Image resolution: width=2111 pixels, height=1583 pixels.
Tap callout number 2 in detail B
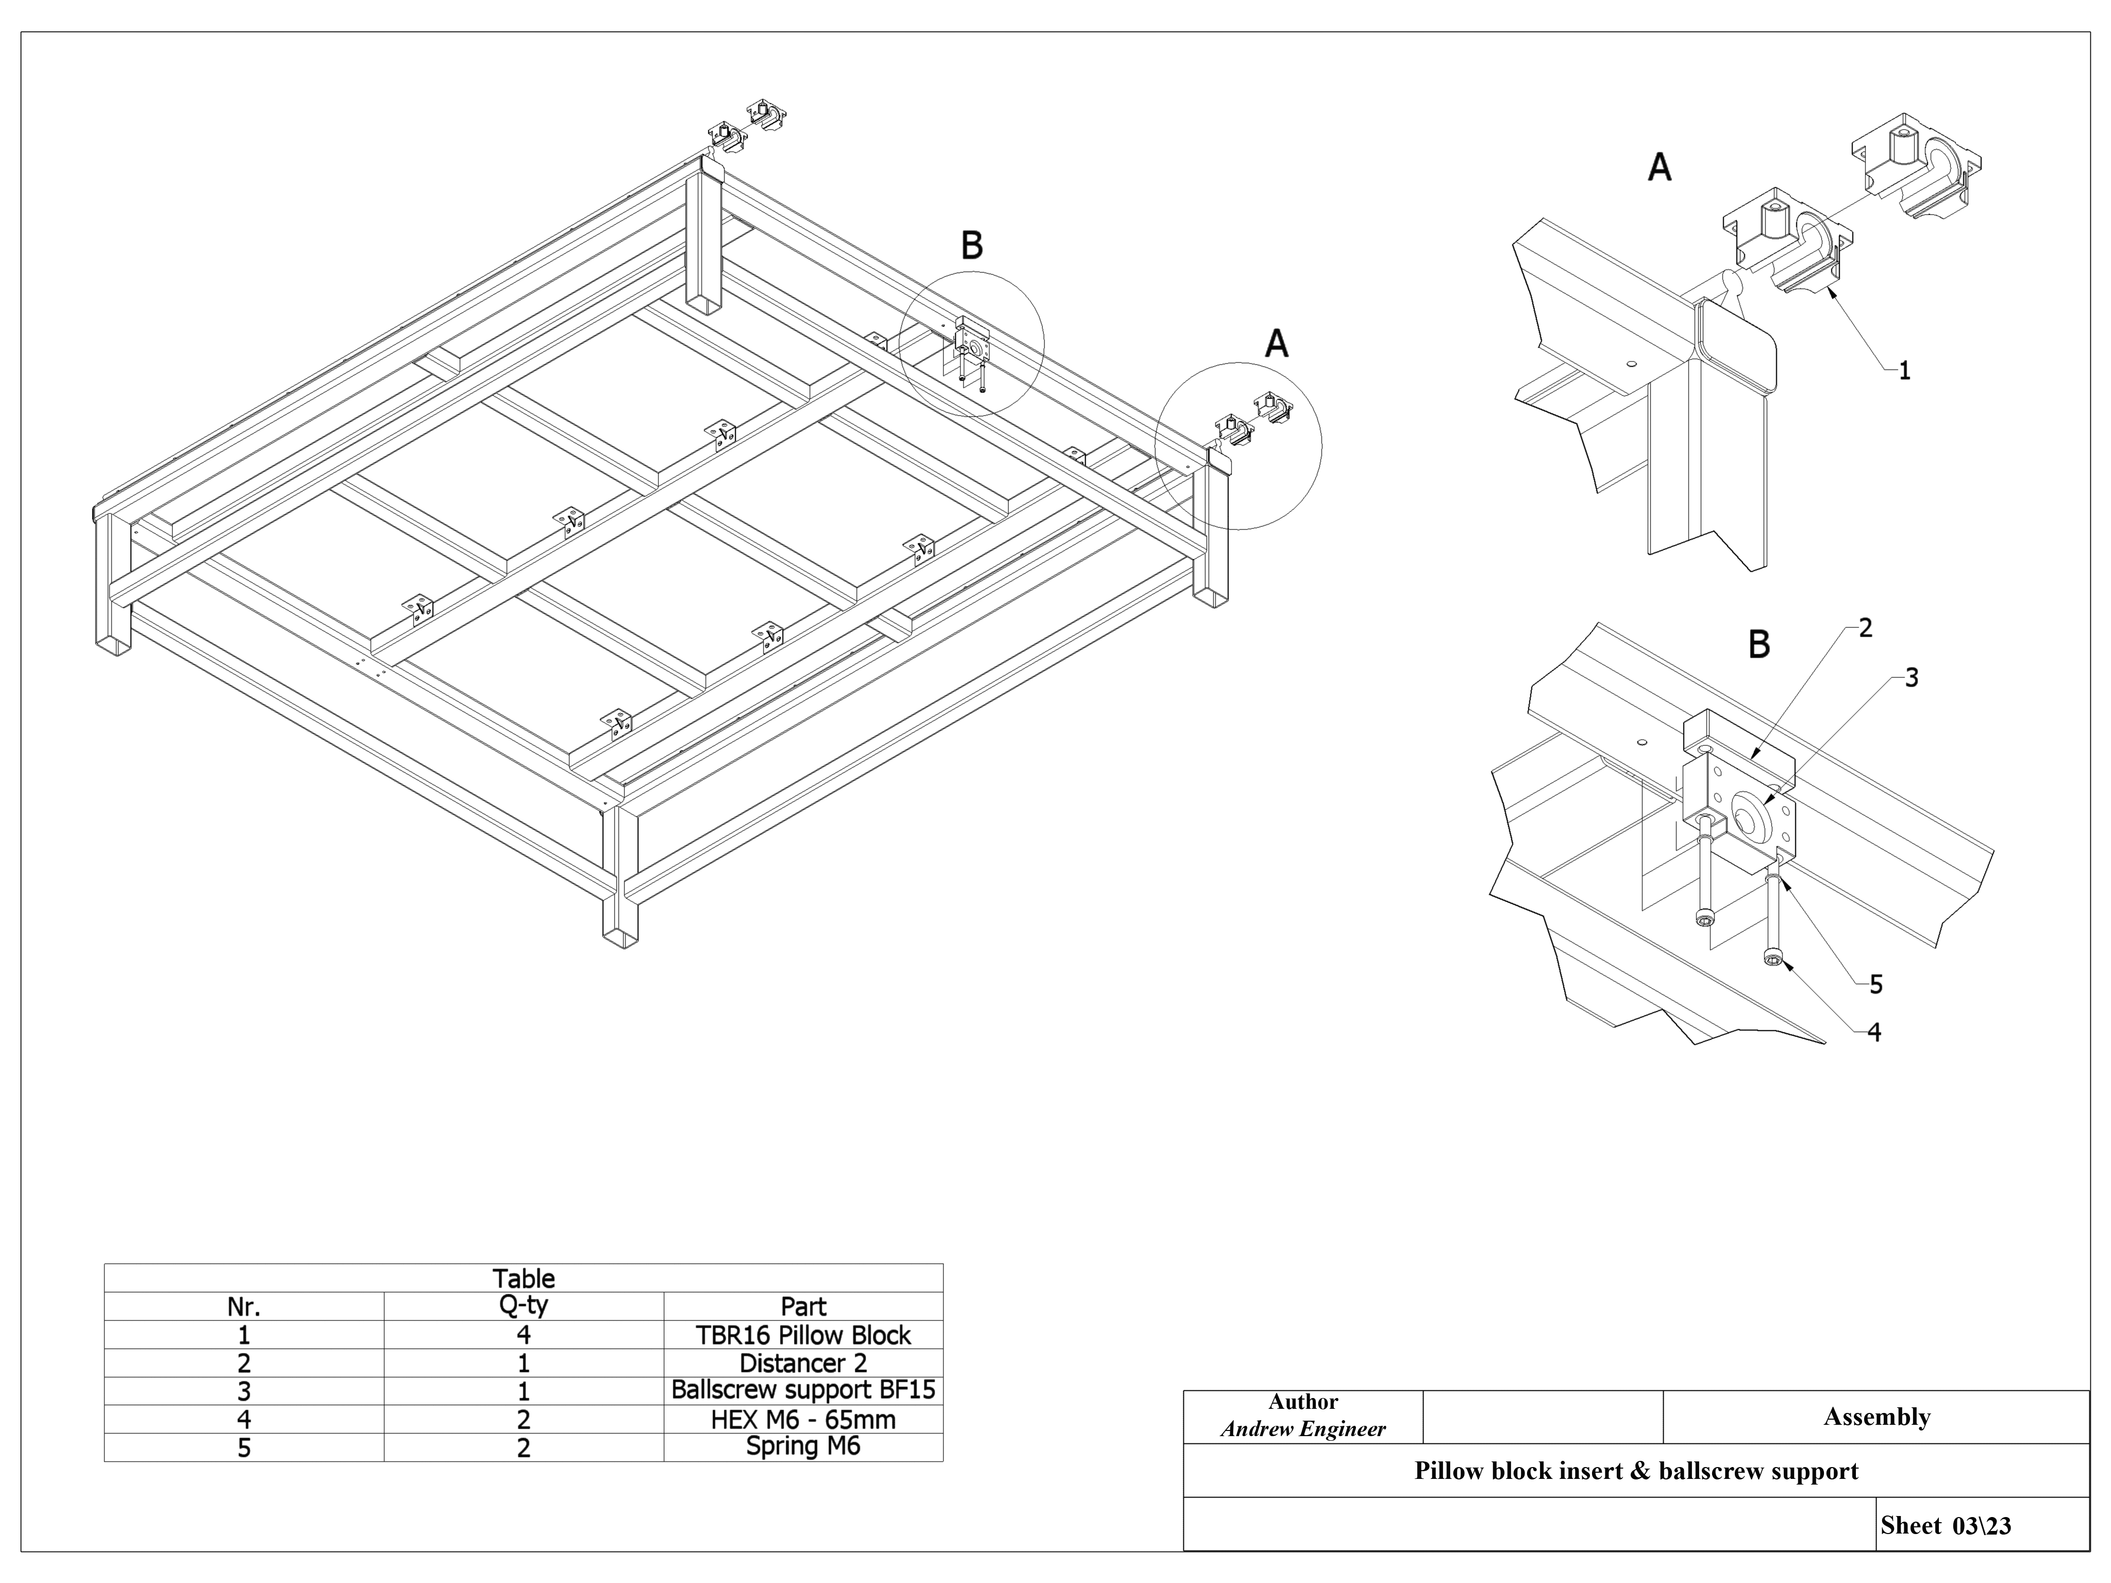(1866, 628)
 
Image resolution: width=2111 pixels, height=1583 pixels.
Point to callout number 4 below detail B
(1873, 1033)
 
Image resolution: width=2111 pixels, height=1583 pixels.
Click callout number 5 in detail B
(1875, 985)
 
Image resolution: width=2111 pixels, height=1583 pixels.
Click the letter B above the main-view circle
(971, 246)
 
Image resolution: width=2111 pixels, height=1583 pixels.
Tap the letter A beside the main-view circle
(1276, 344)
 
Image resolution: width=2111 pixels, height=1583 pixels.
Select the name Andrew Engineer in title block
(1303, 1429)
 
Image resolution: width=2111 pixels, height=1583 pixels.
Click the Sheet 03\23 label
(1945, 1526)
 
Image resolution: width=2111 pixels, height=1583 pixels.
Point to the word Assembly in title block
(1876, 1417)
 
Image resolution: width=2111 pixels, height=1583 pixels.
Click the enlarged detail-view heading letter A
(1660, 168)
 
